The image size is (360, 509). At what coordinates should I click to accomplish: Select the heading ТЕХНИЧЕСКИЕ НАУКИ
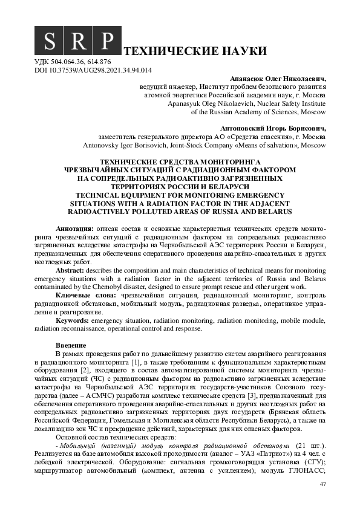186,50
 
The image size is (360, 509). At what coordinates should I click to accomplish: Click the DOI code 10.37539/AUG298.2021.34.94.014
103,70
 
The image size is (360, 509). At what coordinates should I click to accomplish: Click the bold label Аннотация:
74,230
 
